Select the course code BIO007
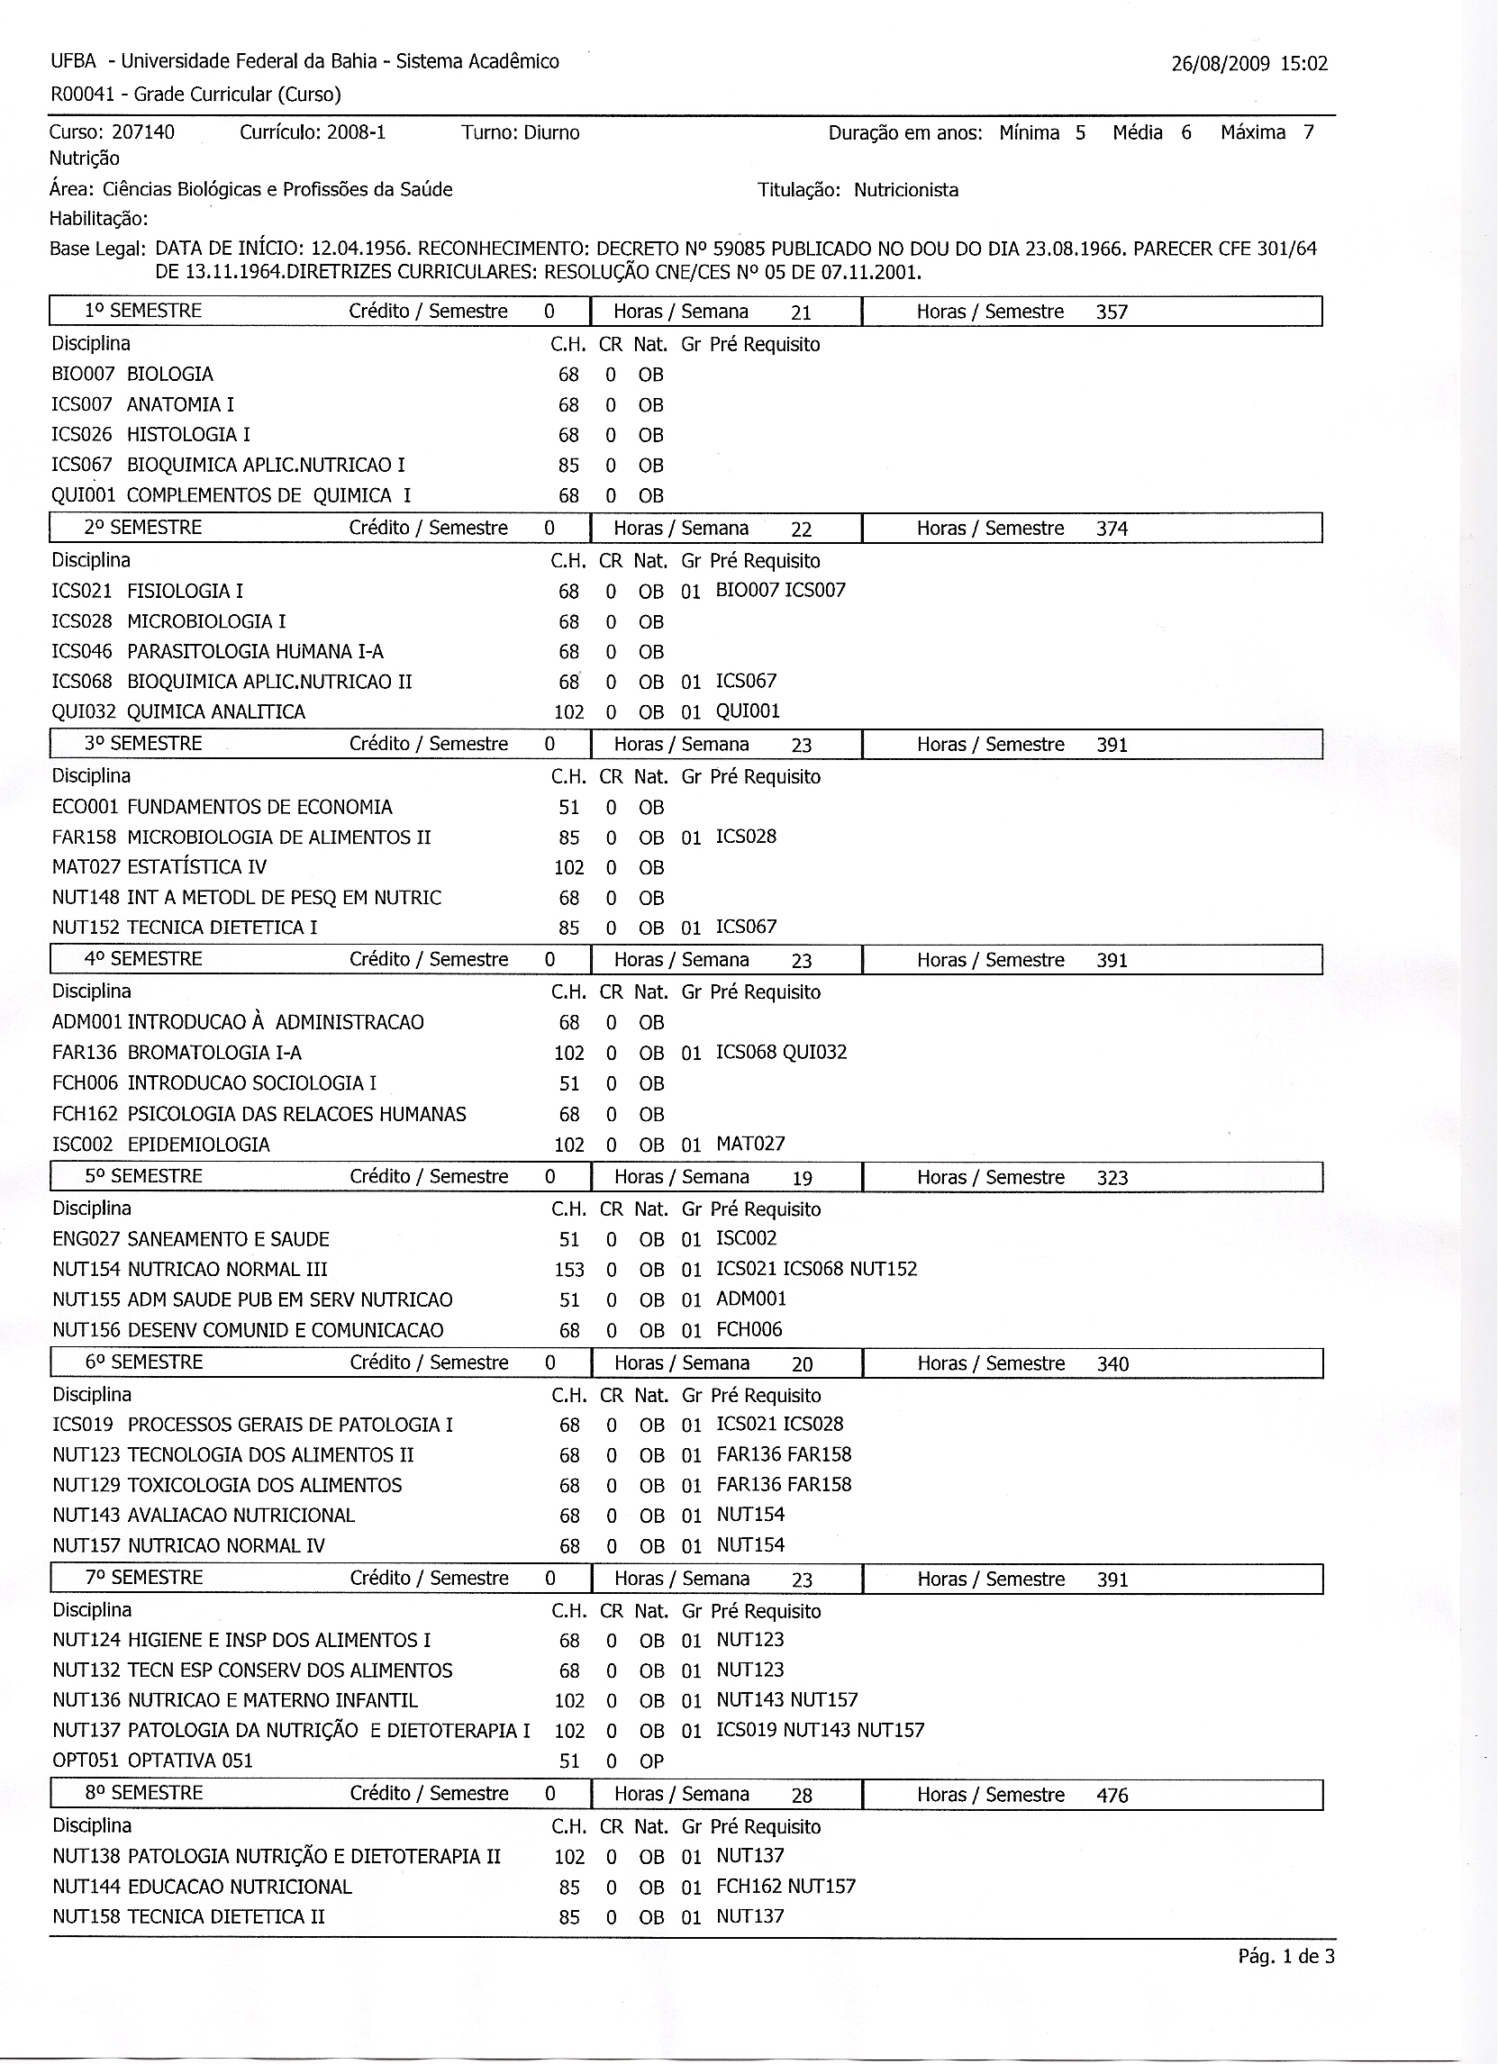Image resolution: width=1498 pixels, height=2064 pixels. pyautogui.click(x=82, y=374)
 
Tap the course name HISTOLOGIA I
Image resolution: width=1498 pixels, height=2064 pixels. pyautogui.click(x=188, y=435)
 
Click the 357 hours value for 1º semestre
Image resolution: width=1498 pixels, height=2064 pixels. pyautogui.click(x=1112, y=312)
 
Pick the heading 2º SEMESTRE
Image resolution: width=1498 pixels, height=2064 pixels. pyautogui.click(x=143, y=528)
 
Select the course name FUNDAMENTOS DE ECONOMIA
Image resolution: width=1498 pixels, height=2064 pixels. pyautogui.click(x=259, y=807)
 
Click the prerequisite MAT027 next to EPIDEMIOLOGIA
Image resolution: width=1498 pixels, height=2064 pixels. pyautogui.click(x=750, y=1144)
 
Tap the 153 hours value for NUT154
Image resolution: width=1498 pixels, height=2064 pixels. pyautogui.click(x=568, y=1270)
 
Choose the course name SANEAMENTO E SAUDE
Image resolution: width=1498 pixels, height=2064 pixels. pyautogui.click(x=229, y=1239)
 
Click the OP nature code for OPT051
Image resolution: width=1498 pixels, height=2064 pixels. pyautogui.click(x=651, y=1761)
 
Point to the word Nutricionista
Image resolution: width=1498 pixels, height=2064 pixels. pyautogui.click(x=905, y=190)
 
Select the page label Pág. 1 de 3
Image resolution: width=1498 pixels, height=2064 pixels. pyautogui.click(x=1286, y=1957)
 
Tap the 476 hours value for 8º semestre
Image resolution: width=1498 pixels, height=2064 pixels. pyautogui.click(x=1112, y=1796)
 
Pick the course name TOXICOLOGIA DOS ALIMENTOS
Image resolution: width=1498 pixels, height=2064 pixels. pyautogui.click(x=265, y=1485)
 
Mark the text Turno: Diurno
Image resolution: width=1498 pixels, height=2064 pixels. pyautogui.click(x=520, y=133)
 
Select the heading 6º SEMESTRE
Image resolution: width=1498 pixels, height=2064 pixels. pyautogui.click(x=144, y=1362)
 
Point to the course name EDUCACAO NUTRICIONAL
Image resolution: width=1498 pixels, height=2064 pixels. pyautogui.click(x=240, y=1887)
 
